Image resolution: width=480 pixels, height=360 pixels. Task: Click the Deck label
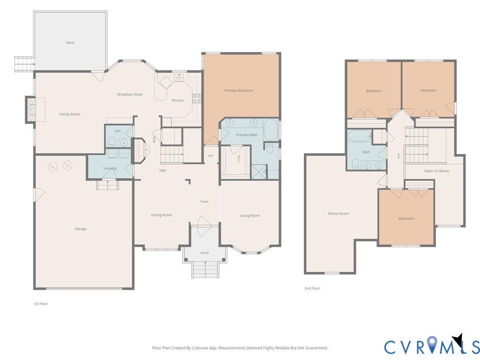pyautogui.click(x=70, y=43)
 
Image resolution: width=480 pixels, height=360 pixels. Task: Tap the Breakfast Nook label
pyautogui.click(x=130, y=94)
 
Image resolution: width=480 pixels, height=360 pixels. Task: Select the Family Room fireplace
pyautogui.click(x=30, y=110)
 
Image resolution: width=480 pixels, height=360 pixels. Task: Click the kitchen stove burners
pyautogui.click(x=196, y=98)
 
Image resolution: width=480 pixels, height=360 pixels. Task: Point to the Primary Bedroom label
pyautogui.click(x=239, y=90)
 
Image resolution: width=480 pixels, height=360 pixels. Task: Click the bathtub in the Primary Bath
pyautogui.click(x=271, y=130)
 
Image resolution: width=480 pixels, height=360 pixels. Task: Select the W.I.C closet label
pyautogui.click(x=239, y=159)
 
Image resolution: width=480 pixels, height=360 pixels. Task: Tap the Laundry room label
pyautogui.click(x=110, y=168)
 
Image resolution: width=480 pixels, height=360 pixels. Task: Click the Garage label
pyautogui.click(x=81, y=229)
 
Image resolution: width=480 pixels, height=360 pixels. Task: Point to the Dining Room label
pyautogui.click(x=161, y=215)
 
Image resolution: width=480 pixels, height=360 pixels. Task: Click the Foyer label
pyautogui.click(x=204, y=202)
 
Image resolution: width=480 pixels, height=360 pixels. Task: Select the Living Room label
pyautogui.click(x=250, y=216)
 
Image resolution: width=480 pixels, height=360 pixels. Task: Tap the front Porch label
pyautogui.click(x=205, y=253)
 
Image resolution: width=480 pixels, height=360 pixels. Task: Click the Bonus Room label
pyautogui.click(x=338, y=213)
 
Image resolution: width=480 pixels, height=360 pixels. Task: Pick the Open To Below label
pyautogui.click(x=436, y=171)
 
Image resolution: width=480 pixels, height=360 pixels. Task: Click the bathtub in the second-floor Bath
pyautogui.click(x=360, y=135)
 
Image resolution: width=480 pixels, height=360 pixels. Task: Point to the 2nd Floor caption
pyautogui.click(x=312, y=288)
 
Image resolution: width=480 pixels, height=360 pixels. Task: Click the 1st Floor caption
pyautogui.click(x=41, y=304)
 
